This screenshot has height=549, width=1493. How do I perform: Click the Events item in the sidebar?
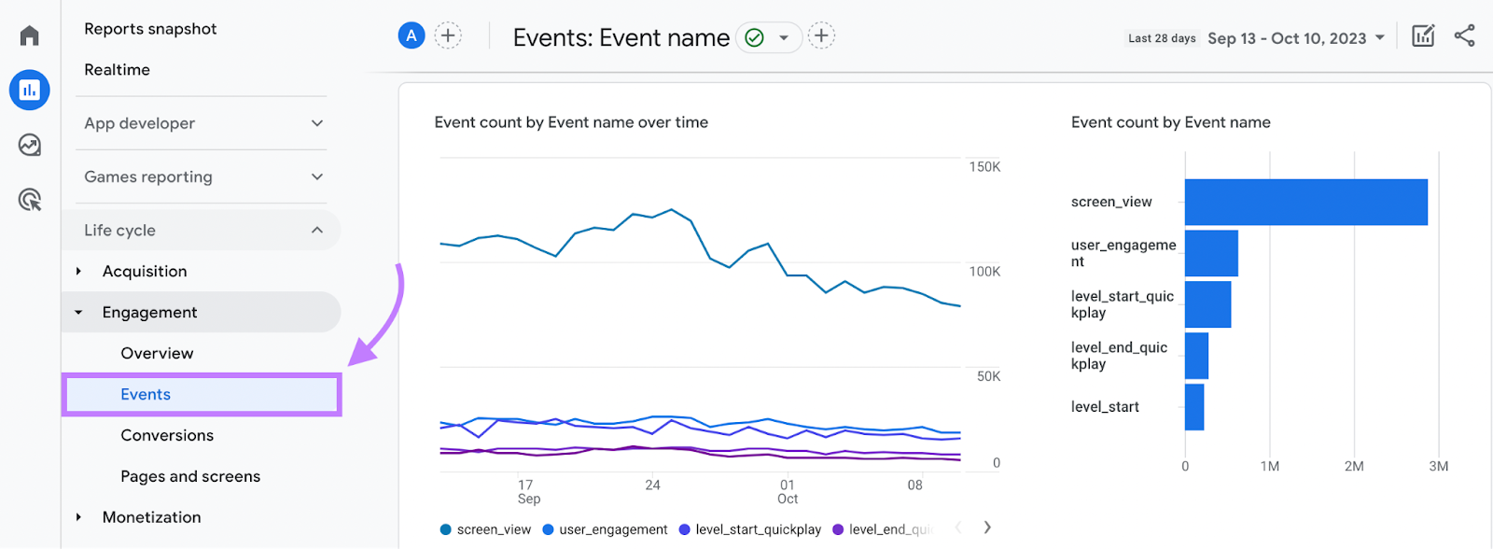pyautogui.click(x=146, y=394)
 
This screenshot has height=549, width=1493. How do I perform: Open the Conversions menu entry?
pyautogui.click(x=167, y=435)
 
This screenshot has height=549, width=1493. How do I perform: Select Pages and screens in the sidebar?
pyautogui.click(x=190, y=476)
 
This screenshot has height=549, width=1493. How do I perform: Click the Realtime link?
pyautogui.click(x=117, y=70)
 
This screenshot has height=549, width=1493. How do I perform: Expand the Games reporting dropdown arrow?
pyautogui.click(x=317, y=176)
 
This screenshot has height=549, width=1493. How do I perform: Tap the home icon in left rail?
pyautogui.click(x=30, y=35)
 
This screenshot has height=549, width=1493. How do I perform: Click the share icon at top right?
pyautogui.click(x=1464, y=36)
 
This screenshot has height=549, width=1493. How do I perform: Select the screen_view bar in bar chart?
pyautogui.click(x=1305, y=202)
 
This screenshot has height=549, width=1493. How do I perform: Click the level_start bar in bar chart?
pyautogui.click(x=1194, y=407)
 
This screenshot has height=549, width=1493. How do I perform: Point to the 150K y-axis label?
pyautogui.click(x=984, y=167)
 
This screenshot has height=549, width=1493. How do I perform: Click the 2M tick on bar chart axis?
pyautogui.click(x=1353, y=466)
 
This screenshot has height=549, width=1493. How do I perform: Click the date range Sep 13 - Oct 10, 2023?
pyautogui.click(x=1288, y=38)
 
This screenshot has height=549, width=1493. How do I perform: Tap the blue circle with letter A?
pyautogui.click(x=412, y=36)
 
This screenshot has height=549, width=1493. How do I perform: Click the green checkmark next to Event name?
pyautogui.click(x=755, y=37)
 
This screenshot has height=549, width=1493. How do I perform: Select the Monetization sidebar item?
pyautogui.click(x=151, y=517)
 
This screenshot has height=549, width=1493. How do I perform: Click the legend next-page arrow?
pyautogui.click(x=987, y=528)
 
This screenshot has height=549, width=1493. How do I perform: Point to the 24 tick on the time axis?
pyautogui.click(x=652, y=486)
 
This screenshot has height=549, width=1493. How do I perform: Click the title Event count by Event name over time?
pyautogui.click(x=571, y=122)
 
